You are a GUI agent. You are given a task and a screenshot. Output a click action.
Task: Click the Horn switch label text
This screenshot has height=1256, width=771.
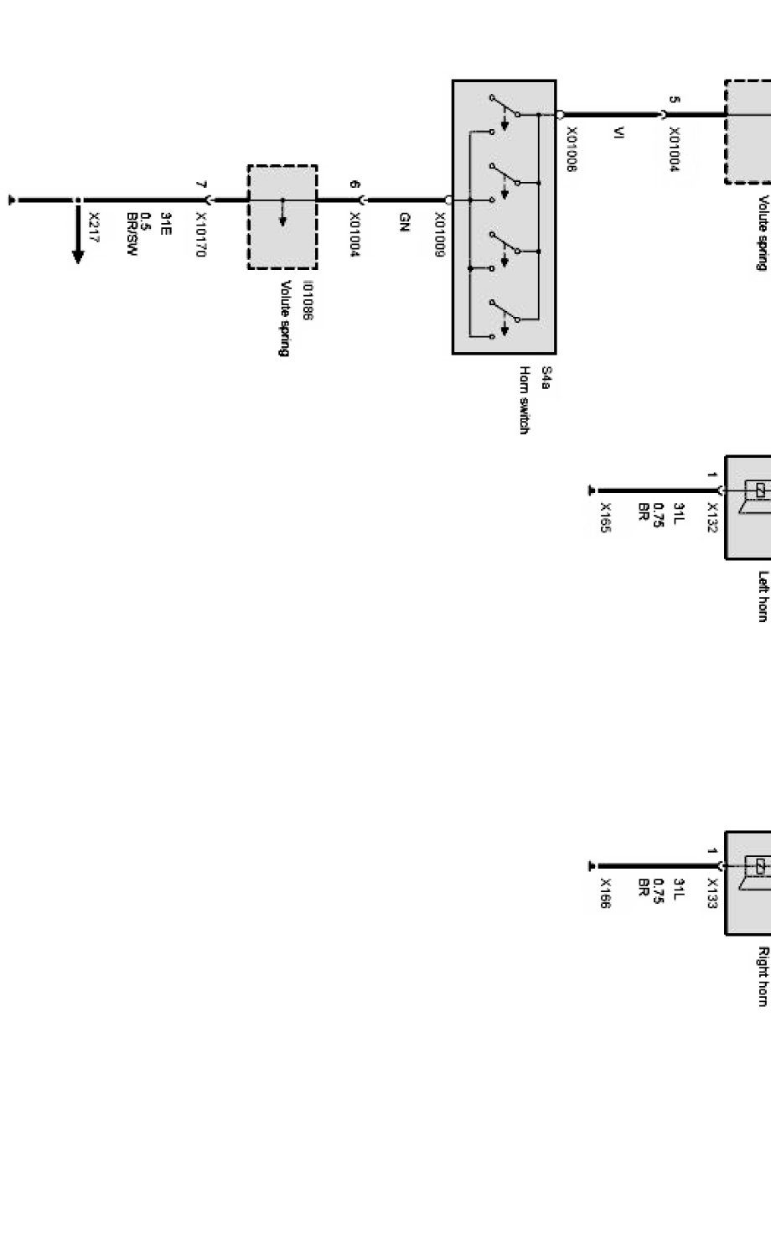pos(525,400)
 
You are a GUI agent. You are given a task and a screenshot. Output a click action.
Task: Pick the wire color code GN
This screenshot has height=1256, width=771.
pos(404,222)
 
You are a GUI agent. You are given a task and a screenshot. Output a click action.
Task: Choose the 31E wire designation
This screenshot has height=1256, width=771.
pos(165,225)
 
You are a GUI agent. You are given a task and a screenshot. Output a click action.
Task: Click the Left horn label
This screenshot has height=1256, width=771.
pos(763,596)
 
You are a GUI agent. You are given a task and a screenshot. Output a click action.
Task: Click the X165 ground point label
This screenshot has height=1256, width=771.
pos(605,517)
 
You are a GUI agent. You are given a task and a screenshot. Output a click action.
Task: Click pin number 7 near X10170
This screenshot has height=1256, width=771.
pos(199,184)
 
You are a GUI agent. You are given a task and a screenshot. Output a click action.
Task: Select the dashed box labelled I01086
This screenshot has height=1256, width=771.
pos(282,217)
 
